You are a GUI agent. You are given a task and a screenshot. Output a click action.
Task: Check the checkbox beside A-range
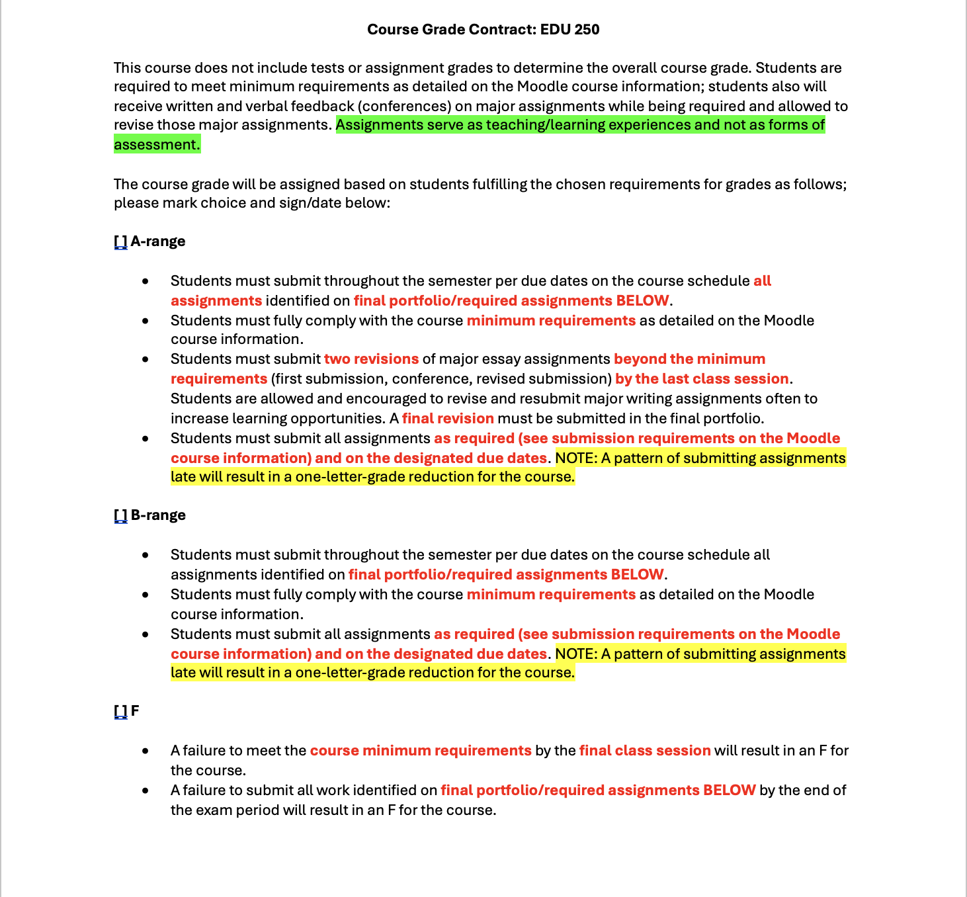tap(120, 242)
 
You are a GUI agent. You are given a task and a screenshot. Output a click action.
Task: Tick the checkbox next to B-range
tap(120, 516)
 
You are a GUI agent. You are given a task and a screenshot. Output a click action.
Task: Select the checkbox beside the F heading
tap(120, 712)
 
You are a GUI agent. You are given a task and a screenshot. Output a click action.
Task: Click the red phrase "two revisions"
tap(371, 359)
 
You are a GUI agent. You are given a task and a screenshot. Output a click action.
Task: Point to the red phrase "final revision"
tap(448, 419)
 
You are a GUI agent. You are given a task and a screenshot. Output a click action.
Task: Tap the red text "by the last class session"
tap(702, 379)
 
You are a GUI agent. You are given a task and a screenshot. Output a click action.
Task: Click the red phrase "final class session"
tap(645, 751)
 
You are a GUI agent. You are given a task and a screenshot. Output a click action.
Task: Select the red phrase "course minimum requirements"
tap(421, 751)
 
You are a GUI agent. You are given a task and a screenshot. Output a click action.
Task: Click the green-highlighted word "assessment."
tap(157, 145)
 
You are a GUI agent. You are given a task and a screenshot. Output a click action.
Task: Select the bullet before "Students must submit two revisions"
tap(146, 360)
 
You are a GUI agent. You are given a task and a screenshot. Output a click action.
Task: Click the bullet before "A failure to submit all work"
tap(146, 791)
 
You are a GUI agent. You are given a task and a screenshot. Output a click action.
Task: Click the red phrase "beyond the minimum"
tap(689, 359)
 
